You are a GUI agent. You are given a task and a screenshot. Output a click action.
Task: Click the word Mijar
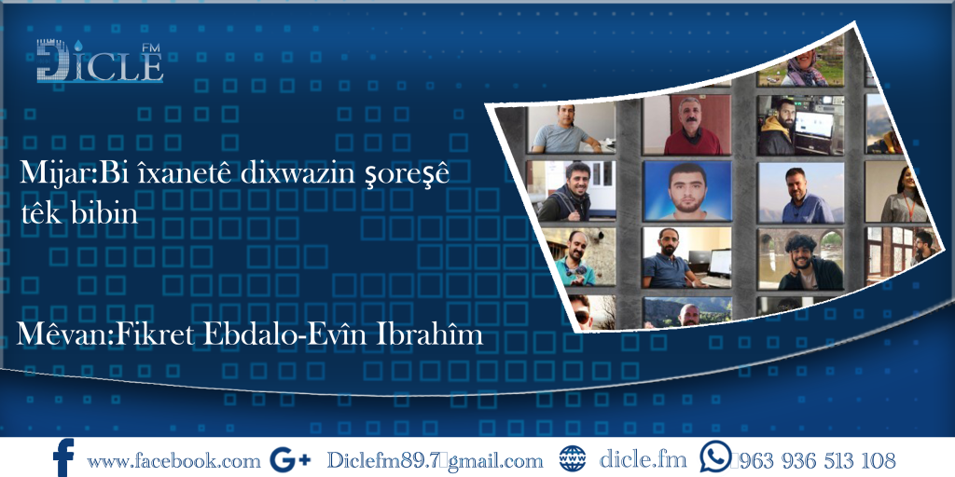click(x=44, y=173)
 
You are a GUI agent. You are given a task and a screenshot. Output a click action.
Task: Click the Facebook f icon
click(x=63, y=458)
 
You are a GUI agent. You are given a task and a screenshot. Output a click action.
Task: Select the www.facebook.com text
click(x=173, y=460)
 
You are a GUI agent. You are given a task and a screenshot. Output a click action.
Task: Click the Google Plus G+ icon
click(x=288, y=459)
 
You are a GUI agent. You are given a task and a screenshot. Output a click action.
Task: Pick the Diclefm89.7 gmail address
click(x=435, y=460)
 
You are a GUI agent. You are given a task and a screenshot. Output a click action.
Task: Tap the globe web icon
click(x=572, y=459)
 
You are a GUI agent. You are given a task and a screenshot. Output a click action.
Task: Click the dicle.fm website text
click(x=643, y=459)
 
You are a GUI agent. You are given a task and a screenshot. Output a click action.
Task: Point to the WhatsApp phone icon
click(x=715, y=457)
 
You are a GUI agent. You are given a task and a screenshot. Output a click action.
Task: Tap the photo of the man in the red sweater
click(x=694, y=126)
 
